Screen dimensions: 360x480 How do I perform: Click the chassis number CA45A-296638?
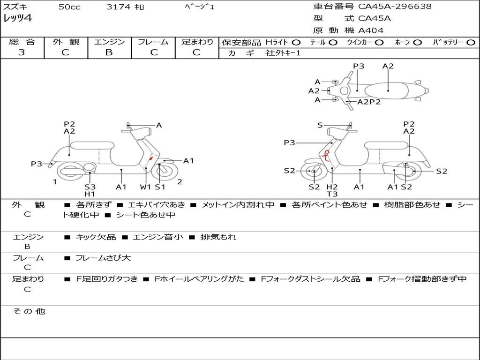pyautogui.click(x=395, y=7)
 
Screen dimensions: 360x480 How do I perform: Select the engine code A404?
pyautogui.click(x=371, y=30)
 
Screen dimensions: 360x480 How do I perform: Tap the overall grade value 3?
pyautogui.click(x=22, y=52)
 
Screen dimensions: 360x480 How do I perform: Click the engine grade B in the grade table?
pyautogui.click(x=109, y=52)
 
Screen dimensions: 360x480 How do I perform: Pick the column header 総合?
pyautogui.click(x=22, y=42)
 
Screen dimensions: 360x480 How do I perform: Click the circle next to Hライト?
pyautogui.click(x=296, y=42)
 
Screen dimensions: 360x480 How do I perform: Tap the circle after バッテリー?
pyautogui.click(x=471, y=42)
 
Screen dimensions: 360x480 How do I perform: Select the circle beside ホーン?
pyautogui.click(x=417, y=42)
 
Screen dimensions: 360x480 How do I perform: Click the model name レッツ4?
pyautogui.click(x=17, y=19)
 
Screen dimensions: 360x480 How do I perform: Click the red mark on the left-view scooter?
pyautogui.click(x=150, y=159)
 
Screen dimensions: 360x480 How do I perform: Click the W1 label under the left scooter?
pyautogui.click(x=146, y=187)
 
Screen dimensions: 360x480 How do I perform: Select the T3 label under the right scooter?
pyautogui.click(x=332, y=194)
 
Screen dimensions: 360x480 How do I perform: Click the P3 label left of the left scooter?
pyautogui.click(x=37, y=164)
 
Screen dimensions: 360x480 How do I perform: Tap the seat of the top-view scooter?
pyautogui.click(x=388, y=90)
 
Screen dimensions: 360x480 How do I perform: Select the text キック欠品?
pyautogui.click(x=96, y=237)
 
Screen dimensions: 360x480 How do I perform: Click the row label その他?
pyautogui.click(x=29, y=311)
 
